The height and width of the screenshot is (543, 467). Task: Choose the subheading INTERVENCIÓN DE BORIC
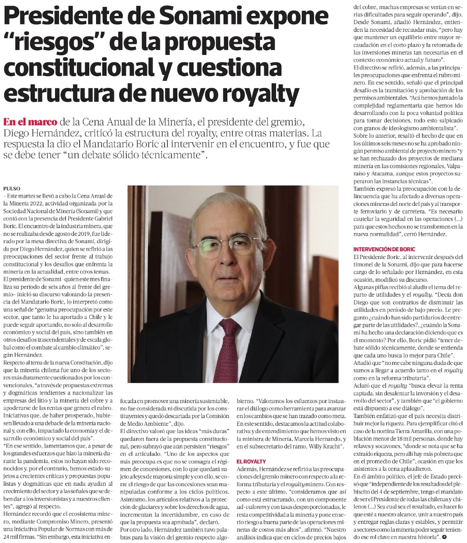(384, 250)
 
